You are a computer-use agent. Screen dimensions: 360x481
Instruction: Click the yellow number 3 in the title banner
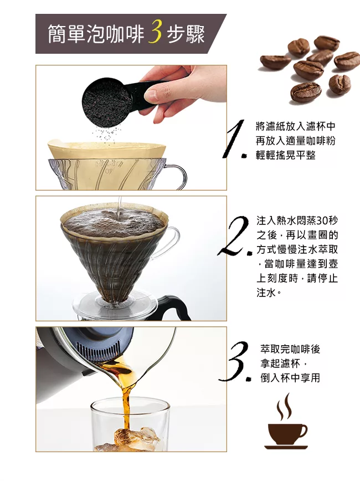(155, 33)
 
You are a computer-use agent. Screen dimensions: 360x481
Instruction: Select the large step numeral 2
(233, 236)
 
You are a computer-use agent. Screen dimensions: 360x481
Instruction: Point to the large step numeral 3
(235, 362)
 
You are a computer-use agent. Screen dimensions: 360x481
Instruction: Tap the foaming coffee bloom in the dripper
(113, 222)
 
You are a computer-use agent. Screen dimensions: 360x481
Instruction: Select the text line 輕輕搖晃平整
(286, 155)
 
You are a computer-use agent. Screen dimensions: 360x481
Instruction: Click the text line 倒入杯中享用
(290, 377)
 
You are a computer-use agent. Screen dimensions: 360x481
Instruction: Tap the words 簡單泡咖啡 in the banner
(96, 34)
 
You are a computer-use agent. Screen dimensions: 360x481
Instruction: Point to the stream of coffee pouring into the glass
(126, 399)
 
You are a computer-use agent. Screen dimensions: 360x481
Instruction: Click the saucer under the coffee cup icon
(286, 447)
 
